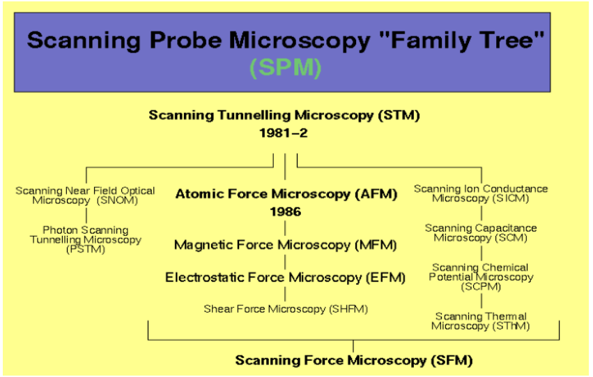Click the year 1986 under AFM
(x=286, y=212)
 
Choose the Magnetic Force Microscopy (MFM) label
(x=285, y=245)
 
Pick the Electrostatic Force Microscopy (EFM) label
(x=285, y=278)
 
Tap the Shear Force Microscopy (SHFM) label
(x=286, y=309)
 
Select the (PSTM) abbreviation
(x=86, y=249)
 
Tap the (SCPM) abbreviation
(x=480, y=286)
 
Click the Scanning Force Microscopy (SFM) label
(x=354, y=360)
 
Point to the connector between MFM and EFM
(x=285, y=262)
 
